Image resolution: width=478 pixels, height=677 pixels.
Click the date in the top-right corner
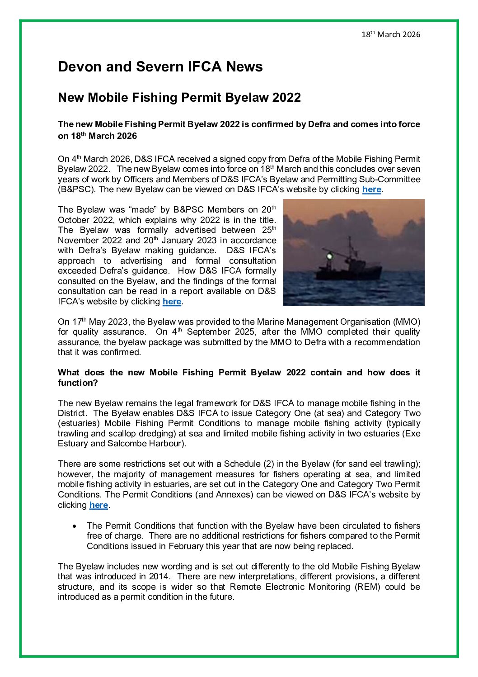[390, 34]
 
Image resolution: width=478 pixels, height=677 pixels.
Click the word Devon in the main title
[80, 67]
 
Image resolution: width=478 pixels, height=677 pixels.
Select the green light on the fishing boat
[330, 256]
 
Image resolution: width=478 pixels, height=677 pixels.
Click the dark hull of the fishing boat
[348, 273]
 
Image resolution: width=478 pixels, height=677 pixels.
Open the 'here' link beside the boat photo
[172, 302]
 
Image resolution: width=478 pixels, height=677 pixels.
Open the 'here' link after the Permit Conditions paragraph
[98, 505]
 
